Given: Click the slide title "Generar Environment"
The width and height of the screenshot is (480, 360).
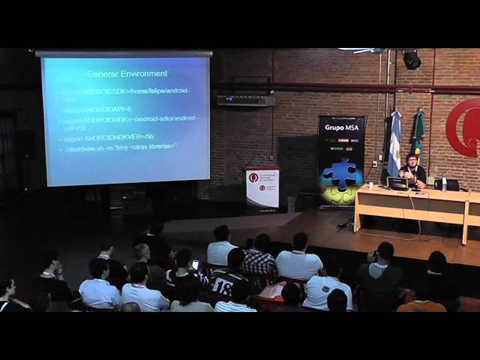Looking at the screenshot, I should coord(127,73).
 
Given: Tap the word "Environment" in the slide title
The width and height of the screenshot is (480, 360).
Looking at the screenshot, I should coord(142,73).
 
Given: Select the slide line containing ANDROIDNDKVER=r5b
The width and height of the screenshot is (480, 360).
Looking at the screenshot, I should coord(109,137).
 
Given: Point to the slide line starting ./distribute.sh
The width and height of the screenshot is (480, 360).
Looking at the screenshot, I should coord(121,146).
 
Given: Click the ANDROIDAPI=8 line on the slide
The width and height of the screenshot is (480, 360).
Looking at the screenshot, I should coord(97,109).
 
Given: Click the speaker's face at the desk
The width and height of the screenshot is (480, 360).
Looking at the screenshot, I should coord(412,160).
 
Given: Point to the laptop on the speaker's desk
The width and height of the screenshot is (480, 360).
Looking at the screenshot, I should coord(397,183).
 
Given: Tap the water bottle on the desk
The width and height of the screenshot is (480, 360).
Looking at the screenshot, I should coord(444,183).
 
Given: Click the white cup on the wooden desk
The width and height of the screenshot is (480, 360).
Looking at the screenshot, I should coord(370,185).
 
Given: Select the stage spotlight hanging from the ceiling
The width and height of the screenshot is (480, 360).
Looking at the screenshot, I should coord(412,60).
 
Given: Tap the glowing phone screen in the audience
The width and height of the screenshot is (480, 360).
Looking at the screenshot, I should coord(196,264).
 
